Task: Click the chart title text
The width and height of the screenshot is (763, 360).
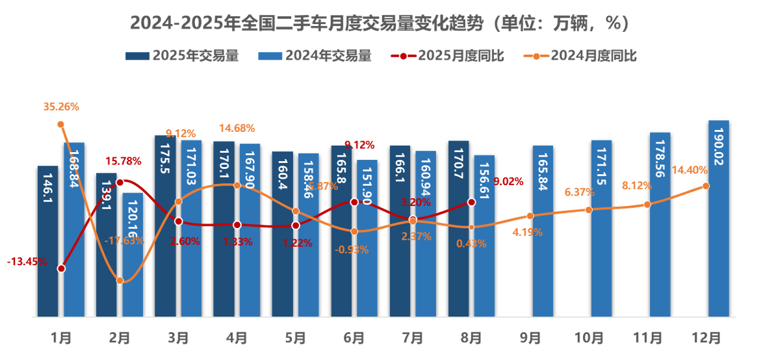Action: tap(381, 23)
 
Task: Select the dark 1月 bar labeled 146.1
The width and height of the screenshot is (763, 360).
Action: tap(47, 241)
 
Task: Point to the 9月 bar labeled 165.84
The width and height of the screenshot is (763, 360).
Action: tap(543, 231)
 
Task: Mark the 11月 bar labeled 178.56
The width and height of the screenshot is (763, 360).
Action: tap(660, 225)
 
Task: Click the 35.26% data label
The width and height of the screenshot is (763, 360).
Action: tap(61, 107)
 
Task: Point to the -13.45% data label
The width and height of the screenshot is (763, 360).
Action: tap(27, 262)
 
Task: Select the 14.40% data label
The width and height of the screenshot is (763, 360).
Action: tap(690, 170)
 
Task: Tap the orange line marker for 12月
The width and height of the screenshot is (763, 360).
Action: tap(706, 186)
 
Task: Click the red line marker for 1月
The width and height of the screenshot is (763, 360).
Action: tap(61, 268)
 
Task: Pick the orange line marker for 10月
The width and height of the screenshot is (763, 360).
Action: tap(589, 210)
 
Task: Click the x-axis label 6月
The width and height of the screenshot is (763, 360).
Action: tap(354, 338)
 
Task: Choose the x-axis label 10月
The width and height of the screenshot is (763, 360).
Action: tap(589, 338)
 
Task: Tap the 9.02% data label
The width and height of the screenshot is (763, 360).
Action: tap(508, 181)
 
